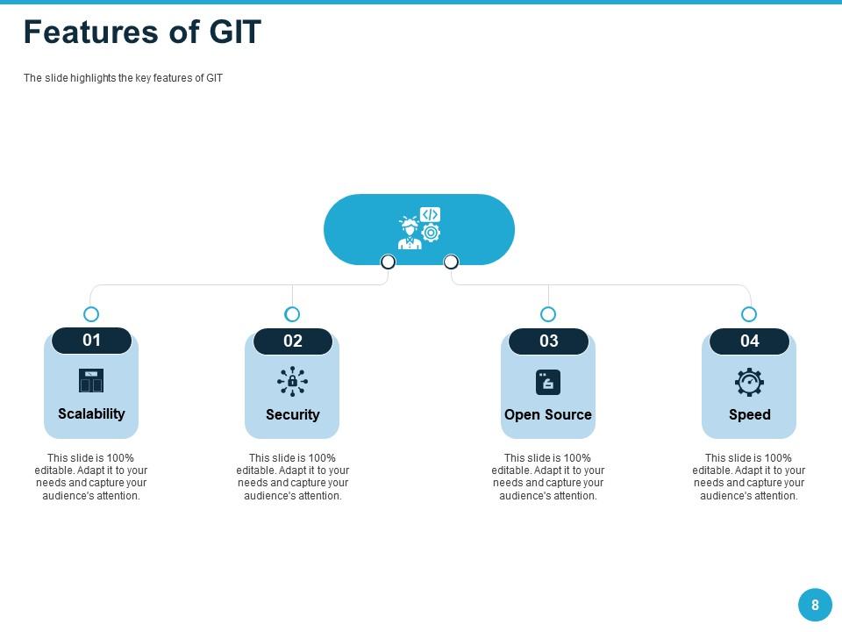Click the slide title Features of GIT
pos(142,32)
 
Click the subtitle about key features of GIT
pos(123,78)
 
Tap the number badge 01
pos(91,341)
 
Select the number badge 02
pos(292,341)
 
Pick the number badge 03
pos(548,341)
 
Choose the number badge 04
pos(749,341)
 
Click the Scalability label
pos(91,413)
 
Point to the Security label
pos(292,414)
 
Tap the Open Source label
pos(548,414)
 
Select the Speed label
pos(749,414)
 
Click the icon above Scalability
pos(91,381)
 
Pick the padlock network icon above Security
pos(292,381)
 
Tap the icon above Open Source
pos(548,382)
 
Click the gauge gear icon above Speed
pos(749,382)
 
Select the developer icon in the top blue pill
pos(419,228)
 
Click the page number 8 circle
pos(815,605)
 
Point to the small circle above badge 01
pos(91,314)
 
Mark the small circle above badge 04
pos(749,314)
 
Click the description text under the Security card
pos(292,477)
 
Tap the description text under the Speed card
pos(749,477)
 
